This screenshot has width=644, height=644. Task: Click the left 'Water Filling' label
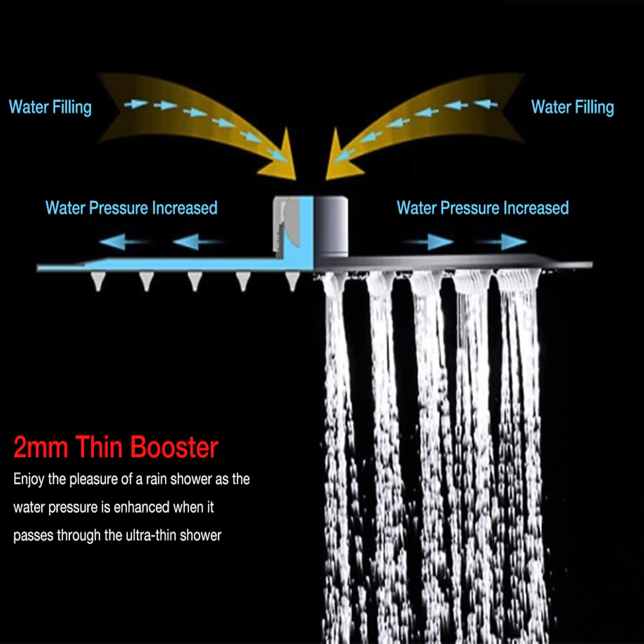tap(50, 107)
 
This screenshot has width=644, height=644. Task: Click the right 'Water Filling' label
tap(572, 107)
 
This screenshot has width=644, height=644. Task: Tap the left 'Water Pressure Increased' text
tap(132, 208)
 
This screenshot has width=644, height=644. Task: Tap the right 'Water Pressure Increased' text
tap(483, 208)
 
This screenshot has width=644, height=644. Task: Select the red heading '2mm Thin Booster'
tap(116, 447)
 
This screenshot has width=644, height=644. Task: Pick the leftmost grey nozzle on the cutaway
tap(98, 281)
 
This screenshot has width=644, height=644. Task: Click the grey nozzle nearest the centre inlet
tap(292, 281)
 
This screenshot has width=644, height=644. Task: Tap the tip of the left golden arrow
tap(295, 180)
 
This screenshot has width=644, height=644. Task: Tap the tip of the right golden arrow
tap(326, 180)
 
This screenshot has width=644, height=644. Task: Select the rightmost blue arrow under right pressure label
tap(502, 242)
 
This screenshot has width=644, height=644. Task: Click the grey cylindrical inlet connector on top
tap(330, 225)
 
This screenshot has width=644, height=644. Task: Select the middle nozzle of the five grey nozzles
tap(195, 281)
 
